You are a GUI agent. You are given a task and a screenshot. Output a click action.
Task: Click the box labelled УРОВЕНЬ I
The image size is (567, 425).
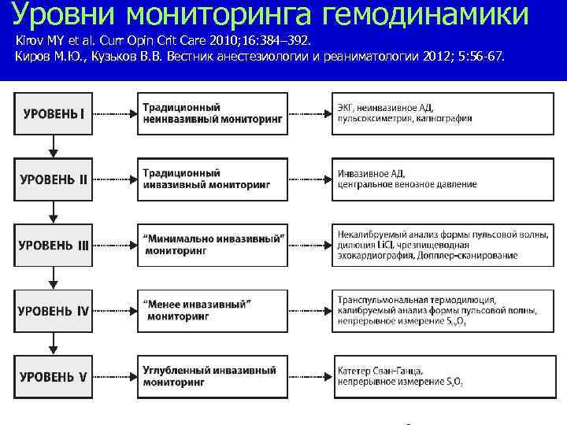pyautogui.click(x=54, y=113)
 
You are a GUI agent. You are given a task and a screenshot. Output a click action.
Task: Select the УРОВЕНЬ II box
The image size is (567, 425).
pyautogui.click(x=54, y=179)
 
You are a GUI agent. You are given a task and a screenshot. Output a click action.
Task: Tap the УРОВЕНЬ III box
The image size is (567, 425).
pyautogui.click(x=54, y=245)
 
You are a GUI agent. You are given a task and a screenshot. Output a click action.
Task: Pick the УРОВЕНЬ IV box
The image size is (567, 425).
pyautogui.click(x=54, y=310)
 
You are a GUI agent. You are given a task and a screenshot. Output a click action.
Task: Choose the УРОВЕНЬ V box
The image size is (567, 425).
pyautogui.click(x=54, y=376)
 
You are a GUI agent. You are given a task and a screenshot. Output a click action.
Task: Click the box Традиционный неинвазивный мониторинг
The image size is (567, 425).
pyautogui.click(x=213, y=113)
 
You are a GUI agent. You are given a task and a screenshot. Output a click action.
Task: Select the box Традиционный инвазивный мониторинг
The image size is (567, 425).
pyautogui.click(x=213, y=179)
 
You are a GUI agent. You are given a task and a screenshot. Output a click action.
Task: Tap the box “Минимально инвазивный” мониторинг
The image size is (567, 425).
pyautogui.click(x=213, y=245)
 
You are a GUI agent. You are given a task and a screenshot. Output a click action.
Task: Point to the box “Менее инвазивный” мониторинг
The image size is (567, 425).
pyautogui.click(x=213, y=310)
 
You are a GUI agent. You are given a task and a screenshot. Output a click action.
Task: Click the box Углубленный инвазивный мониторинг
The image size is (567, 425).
pyautogui.click(x=213, y=376)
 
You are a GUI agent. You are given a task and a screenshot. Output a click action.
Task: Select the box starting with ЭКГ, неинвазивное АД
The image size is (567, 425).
pyautogui.click(x=441, y=113)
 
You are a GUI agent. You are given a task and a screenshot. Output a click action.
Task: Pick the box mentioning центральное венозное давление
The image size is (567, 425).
pyautogui.click(x=441, y=179)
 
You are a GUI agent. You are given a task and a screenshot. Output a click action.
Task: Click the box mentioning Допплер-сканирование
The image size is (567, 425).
pyautogui.click(x=441, y=245)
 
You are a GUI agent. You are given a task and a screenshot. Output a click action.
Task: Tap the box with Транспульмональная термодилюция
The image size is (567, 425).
pyautogui.click(x=441, y=310)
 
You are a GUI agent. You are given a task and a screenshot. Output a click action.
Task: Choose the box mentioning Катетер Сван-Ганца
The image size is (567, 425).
pyautogui.click(x=441, y=376)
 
